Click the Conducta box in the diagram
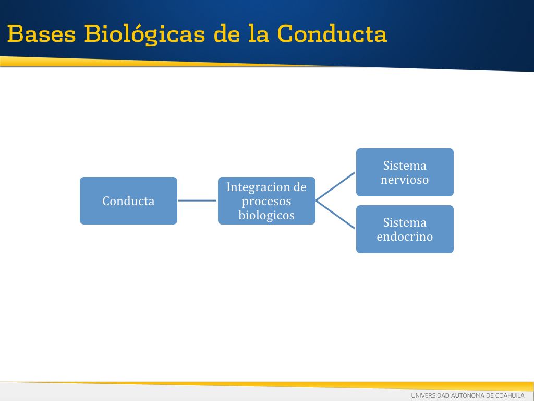(128, 200)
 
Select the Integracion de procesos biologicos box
(266, 200)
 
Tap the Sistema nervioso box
(405, 172)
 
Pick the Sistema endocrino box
(405, 229)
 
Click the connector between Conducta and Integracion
(198, 200)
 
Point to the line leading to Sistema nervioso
(335, 186)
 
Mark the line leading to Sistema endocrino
(335, 215)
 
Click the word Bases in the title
(41, 34)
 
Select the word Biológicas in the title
(145, 34)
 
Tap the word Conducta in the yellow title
(332, 33)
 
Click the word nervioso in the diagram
(405, 180)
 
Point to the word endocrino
(405, 237)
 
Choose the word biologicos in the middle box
(266, 215)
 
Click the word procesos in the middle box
(266, 201)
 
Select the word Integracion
(258, 187)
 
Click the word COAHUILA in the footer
(510, 396)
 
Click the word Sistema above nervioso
(405, 166)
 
